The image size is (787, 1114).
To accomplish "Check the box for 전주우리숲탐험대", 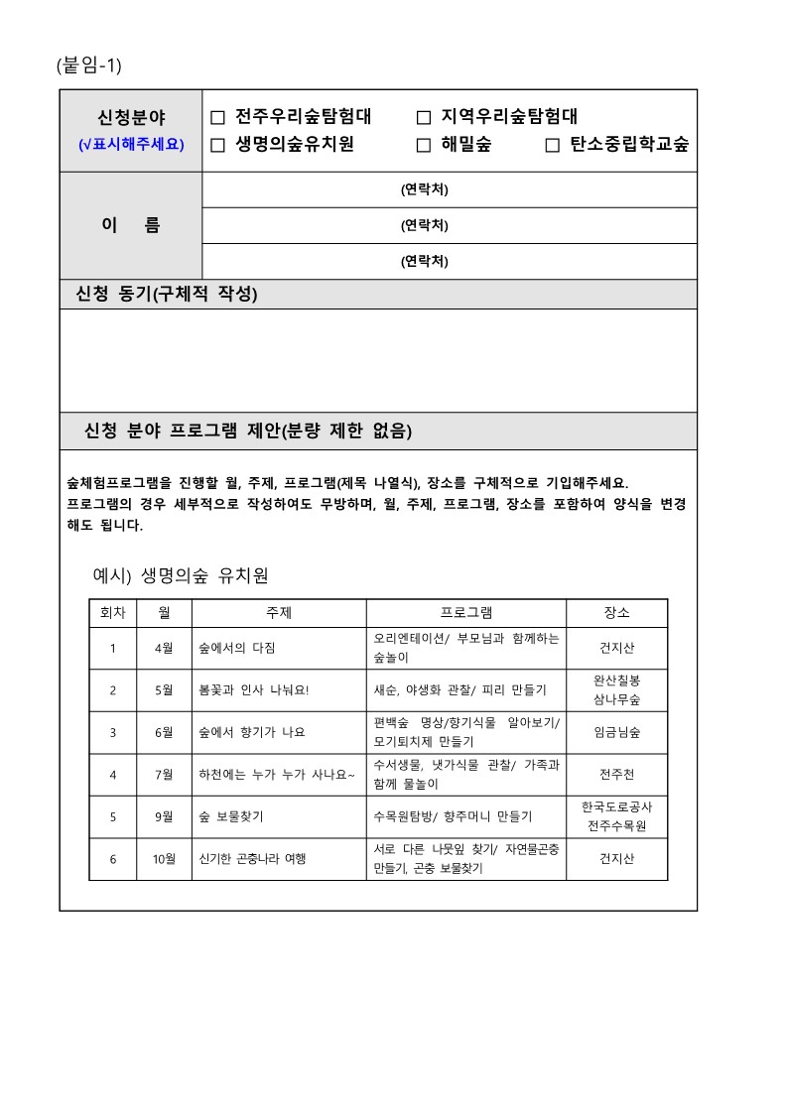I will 218,118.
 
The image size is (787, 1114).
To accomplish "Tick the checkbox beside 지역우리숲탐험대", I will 424,118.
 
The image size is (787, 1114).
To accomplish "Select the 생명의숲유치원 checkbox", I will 218,145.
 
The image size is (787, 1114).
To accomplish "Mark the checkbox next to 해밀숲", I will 424,145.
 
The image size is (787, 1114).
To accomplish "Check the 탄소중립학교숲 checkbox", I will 553,145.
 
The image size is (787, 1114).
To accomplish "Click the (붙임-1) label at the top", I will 89,65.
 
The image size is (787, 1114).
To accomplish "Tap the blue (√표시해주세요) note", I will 131,145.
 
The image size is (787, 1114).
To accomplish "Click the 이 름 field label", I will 131,225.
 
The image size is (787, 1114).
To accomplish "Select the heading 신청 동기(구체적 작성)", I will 167,295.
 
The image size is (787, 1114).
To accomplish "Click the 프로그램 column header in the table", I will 465,613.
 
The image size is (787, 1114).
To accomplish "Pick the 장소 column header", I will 616,613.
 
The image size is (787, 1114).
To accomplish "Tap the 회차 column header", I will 112,613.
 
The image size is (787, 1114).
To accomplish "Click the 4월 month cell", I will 164,649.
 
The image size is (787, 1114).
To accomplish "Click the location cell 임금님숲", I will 616,733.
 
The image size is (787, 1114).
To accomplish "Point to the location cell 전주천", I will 616,775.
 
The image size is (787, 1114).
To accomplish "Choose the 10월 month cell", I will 164,859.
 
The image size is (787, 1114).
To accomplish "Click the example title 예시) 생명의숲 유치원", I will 181,576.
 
